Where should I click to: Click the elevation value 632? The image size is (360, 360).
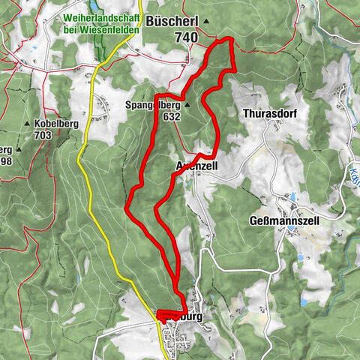(x=170, y=117)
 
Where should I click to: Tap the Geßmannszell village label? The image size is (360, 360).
(x=284, y=221)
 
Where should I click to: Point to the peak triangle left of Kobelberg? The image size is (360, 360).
(x=28, y=124)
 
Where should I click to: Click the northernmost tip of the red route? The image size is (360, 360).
(x=229, y=38)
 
